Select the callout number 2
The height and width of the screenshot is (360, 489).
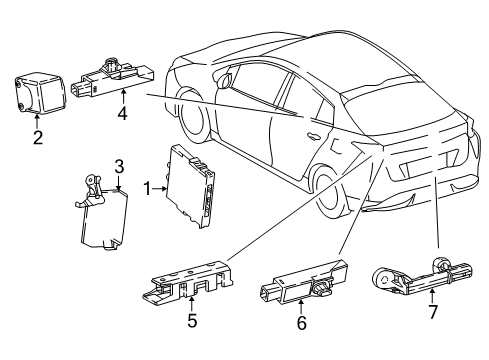coord(37,138)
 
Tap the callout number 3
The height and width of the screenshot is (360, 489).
coord(118,165)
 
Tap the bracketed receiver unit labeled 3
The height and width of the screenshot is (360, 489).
coord(105,214)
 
